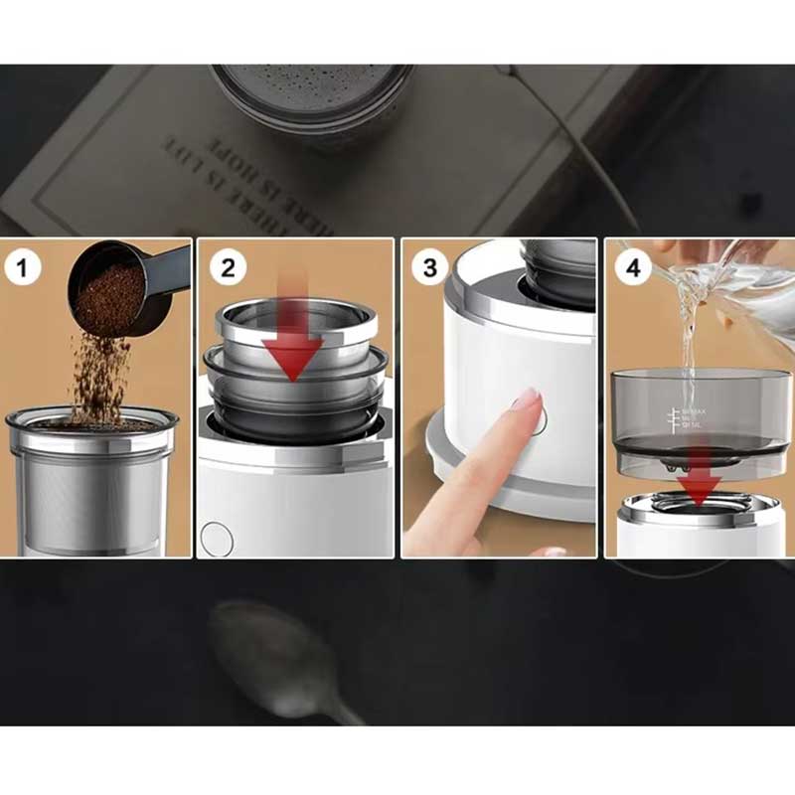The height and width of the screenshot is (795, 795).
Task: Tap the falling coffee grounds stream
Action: (99, 373)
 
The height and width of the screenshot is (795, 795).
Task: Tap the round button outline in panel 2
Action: (214, 537)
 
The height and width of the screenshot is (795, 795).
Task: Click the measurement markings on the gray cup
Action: (686, 417)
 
